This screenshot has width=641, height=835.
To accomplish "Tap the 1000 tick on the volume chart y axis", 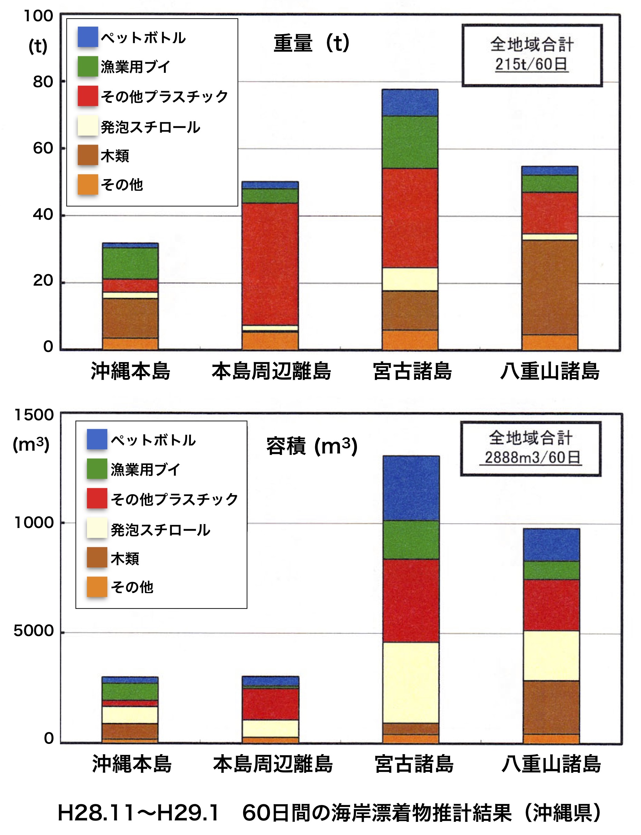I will [34, 523].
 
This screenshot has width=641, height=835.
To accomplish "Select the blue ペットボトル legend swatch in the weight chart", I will [88, 37].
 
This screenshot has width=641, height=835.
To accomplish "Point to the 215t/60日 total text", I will [532, 64].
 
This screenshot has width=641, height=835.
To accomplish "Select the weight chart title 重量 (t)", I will [311, 43].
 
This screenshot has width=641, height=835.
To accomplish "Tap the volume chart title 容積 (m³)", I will [312, 446].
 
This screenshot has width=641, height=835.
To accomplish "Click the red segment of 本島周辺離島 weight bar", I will [270, 264].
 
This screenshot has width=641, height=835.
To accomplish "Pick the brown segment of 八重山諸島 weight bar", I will [550, 287].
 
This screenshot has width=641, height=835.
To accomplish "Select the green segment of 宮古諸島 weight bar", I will [410, 142].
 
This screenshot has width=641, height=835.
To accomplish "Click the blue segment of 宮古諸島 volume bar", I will [411, 488].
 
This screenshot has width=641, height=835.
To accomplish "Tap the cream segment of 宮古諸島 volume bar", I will [410, 682].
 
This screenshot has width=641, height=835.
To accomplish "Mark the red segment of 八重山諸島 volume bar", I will [551, 605].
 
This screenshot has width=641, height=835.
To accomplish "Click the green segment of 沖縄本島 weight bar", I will [130, 263].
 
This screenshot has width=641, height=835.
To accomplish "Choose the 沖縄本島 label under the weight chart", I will [130, 371].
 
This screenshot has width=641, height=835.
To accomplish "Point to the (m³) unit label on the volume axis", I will [31, 444].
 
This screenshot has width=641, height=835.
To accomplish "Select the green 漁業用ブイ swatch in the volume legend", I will [97, 468].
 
